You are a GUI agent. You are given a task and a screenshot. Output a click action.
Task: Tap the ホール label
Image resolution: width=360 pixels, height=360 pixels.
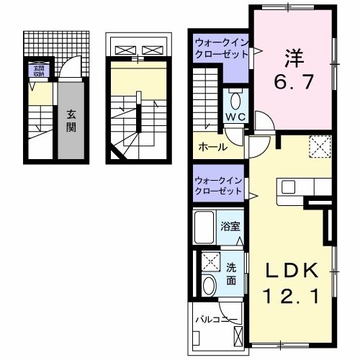tap(213, 147)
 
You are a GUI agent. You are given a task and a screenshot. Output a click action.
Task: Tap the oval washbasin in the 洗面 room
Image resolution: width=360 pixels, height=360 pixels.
tap(210, 285)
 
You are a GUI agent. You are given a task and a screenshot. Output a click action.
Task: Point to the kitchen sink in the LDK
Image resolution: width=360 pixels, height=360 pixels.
tap(289, 188)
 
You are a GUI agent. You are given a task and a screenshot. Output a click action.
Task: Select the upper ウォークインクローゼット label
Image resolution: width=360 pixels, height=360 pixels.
tap(220, 50)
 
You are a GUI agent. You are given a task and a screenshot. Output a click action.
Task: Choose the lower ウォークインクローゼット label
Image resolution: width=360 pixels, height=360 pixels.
tap(219, 186)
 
